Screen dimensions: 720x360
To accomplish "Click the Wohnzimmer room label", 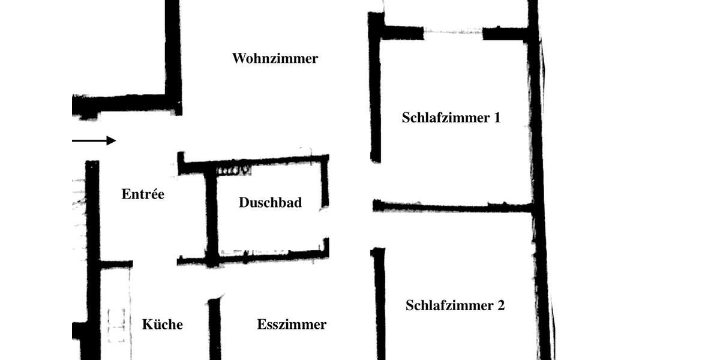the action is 275,59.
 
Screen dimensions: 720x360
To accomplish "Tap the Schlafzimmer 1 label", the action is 451,118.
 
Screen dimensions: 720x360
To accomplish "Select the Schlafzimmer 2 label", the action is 455,305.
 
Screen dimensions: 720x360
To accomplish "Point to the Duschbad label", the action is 270,203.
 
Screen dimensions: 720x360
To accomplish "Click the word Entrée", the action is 143,194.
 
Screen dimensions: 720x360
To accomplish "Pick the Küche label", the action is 162,325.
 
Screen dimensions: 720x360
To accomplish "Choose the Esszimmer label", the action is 292,325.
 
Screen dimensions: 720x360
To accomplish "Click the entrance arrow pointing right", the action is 94,140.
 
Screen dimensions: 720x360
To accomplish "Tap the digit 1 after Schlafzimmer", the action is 497,118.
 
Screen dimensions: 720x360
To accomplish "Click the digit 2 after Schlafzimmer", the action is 500,305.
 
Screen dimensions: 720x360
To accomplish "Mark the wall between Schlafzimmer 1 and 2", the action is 453,207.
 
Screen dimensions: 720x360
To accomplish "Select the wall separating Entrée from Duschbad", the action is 211,216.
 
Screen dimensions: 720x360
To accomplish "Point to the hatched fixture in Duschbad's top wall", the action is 233,171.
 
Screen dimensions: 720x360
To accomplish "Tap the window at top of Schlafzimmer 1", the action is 453,32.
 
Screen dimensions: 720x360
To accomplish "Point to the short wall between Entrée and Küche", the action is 116,264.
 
